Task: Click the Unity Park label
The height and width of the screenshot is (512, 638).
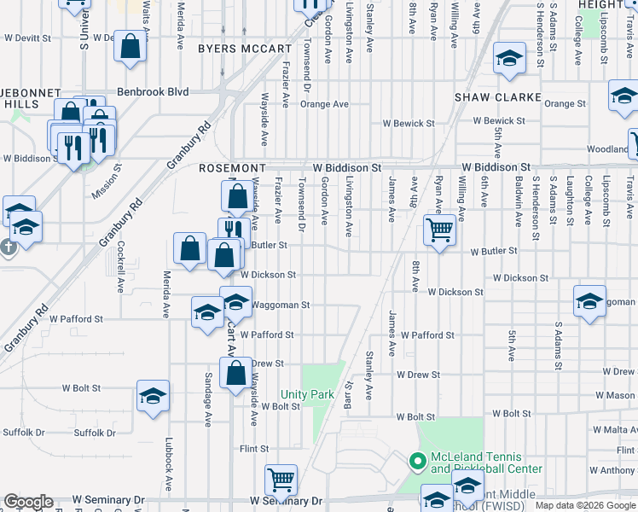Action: tap(308, 395)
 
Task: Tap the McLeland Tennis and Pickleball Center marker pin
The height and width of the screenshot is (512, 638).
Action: tap(417, 462)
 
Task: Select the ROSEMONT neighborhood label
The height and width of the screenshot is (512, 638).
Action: tap(233, 169)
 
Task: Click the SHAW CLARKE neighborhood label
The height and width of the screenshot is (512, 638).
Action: tap(498, 97)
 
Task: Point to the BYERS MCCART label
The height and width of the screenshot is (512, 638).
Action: tap(244, 49)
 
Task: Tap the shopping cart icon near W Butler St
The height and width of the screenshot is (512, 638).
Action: tap(439, 228)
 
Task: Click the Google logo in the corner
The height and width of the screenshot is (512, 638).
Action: tap(28, 503)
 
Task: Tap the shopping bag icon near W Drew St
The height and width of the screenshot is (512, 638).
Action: tap(235, 372)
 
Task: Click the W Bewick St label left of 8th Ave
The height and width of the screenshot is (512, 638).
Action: tap(409, 124)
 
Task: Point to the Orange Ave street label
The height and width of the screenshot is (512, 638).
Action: tap(324, 104)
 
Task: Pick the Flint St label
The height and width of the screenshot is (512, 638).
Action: tap(254, 449)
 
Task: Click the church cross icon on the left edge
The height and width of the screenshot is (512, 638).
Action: tap(9, 248)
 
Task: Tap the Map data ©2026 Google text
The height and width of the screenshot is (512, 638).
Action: tap(585, 505)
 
